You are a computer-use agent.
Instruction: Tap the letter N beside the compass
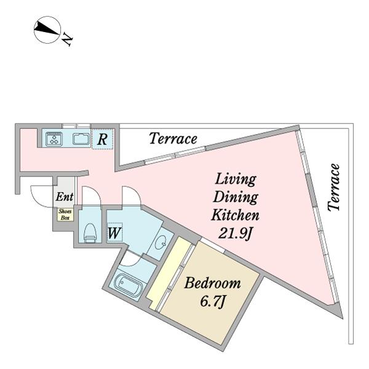coord(67,39)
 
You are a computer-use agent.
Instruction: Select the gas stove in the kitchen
coord(54,138)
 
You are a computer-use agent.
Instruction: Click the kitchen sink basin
coord(81,138)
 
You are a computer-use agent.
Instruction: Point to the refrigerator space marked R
coord(102,140)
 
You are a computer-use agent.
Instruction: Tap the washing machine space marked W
coord(114,232)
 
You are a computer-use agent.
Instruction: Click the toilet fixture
coord(90,233)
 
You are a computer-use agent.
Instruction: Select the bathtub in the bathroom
coord(129,286)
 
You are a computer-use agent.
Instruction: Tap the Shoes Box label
coord(65,215)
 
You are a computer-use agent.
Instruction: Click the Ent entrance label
coord(65,197)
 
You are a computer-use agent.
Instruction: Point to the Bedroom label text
coord(213,283)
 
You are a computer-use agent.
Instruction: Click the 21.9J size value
coord(235,234)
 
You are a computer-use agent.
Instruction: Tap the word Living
coord(236,180)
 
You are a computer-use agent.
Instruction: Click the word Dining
coord(236,197)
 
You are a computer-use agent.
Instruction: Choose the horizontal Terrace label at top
coord(173,138)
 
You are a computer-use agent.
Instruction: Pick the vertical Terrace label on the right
coord(334,188)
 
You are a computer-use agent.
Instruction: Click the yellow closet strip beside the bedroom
coord(168,272)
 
